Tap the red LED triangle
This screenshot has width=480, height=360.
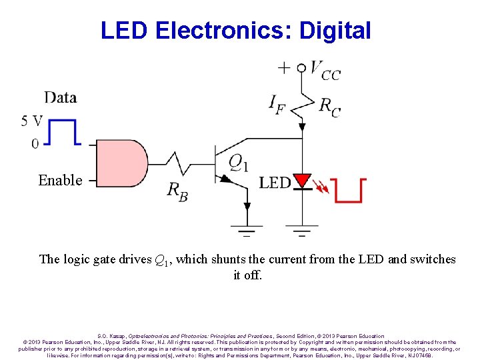[x=303, y=181]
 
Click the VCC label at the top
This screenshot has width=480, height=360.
[x=325, y=70]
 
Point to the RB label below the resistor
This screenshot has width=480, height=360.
[x=177, y=191]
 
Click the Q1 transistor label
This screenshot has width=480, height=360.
[x=238, y=162]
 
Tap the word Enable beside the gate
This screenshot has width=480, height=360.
[x=60, y=181]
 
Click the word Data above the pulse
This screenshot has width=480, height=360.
[x=61, y=98]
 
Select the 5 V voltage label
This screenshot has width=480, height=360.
[x=32, y=121]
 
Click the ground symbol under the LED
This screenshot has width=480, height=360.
[x=303, y=231]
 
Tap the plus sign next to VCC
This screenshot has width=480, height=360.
[x=285, y=67]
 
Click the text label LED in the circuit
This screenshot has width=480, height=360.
[x=275, y=183]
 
